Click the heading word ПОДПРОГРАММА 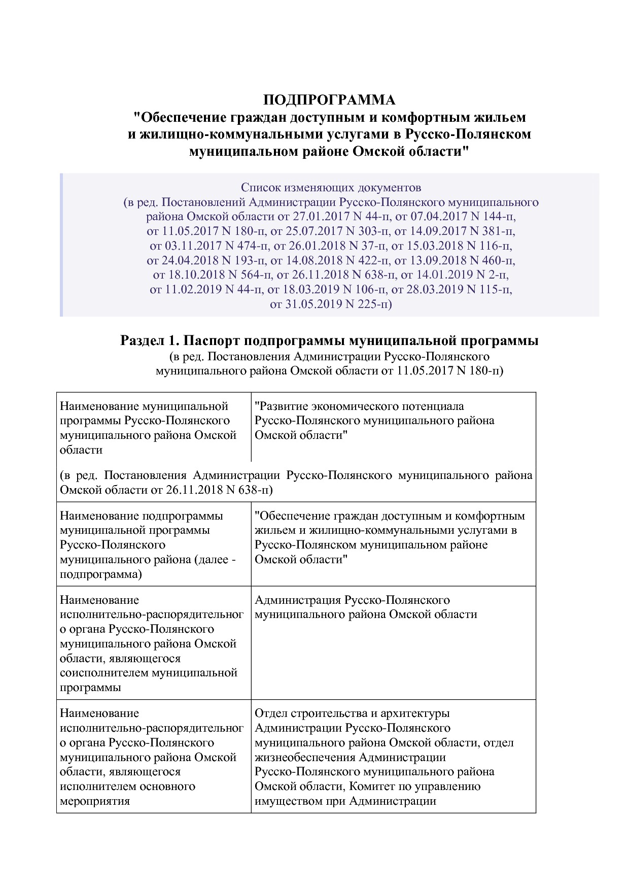pos(329,99)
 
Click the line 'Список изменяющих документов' pos(331,188)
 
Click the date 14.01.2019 pos(446,275)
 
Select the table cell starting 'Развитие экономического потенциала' pos(374,421)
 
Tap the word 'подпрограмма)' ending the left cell pos(101,574)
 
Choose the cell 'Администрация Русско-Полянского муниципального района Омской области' pos(365,607)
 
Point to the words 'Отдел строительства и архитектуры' pos(352,713)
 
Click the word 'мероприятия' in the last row pos(95,801)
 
